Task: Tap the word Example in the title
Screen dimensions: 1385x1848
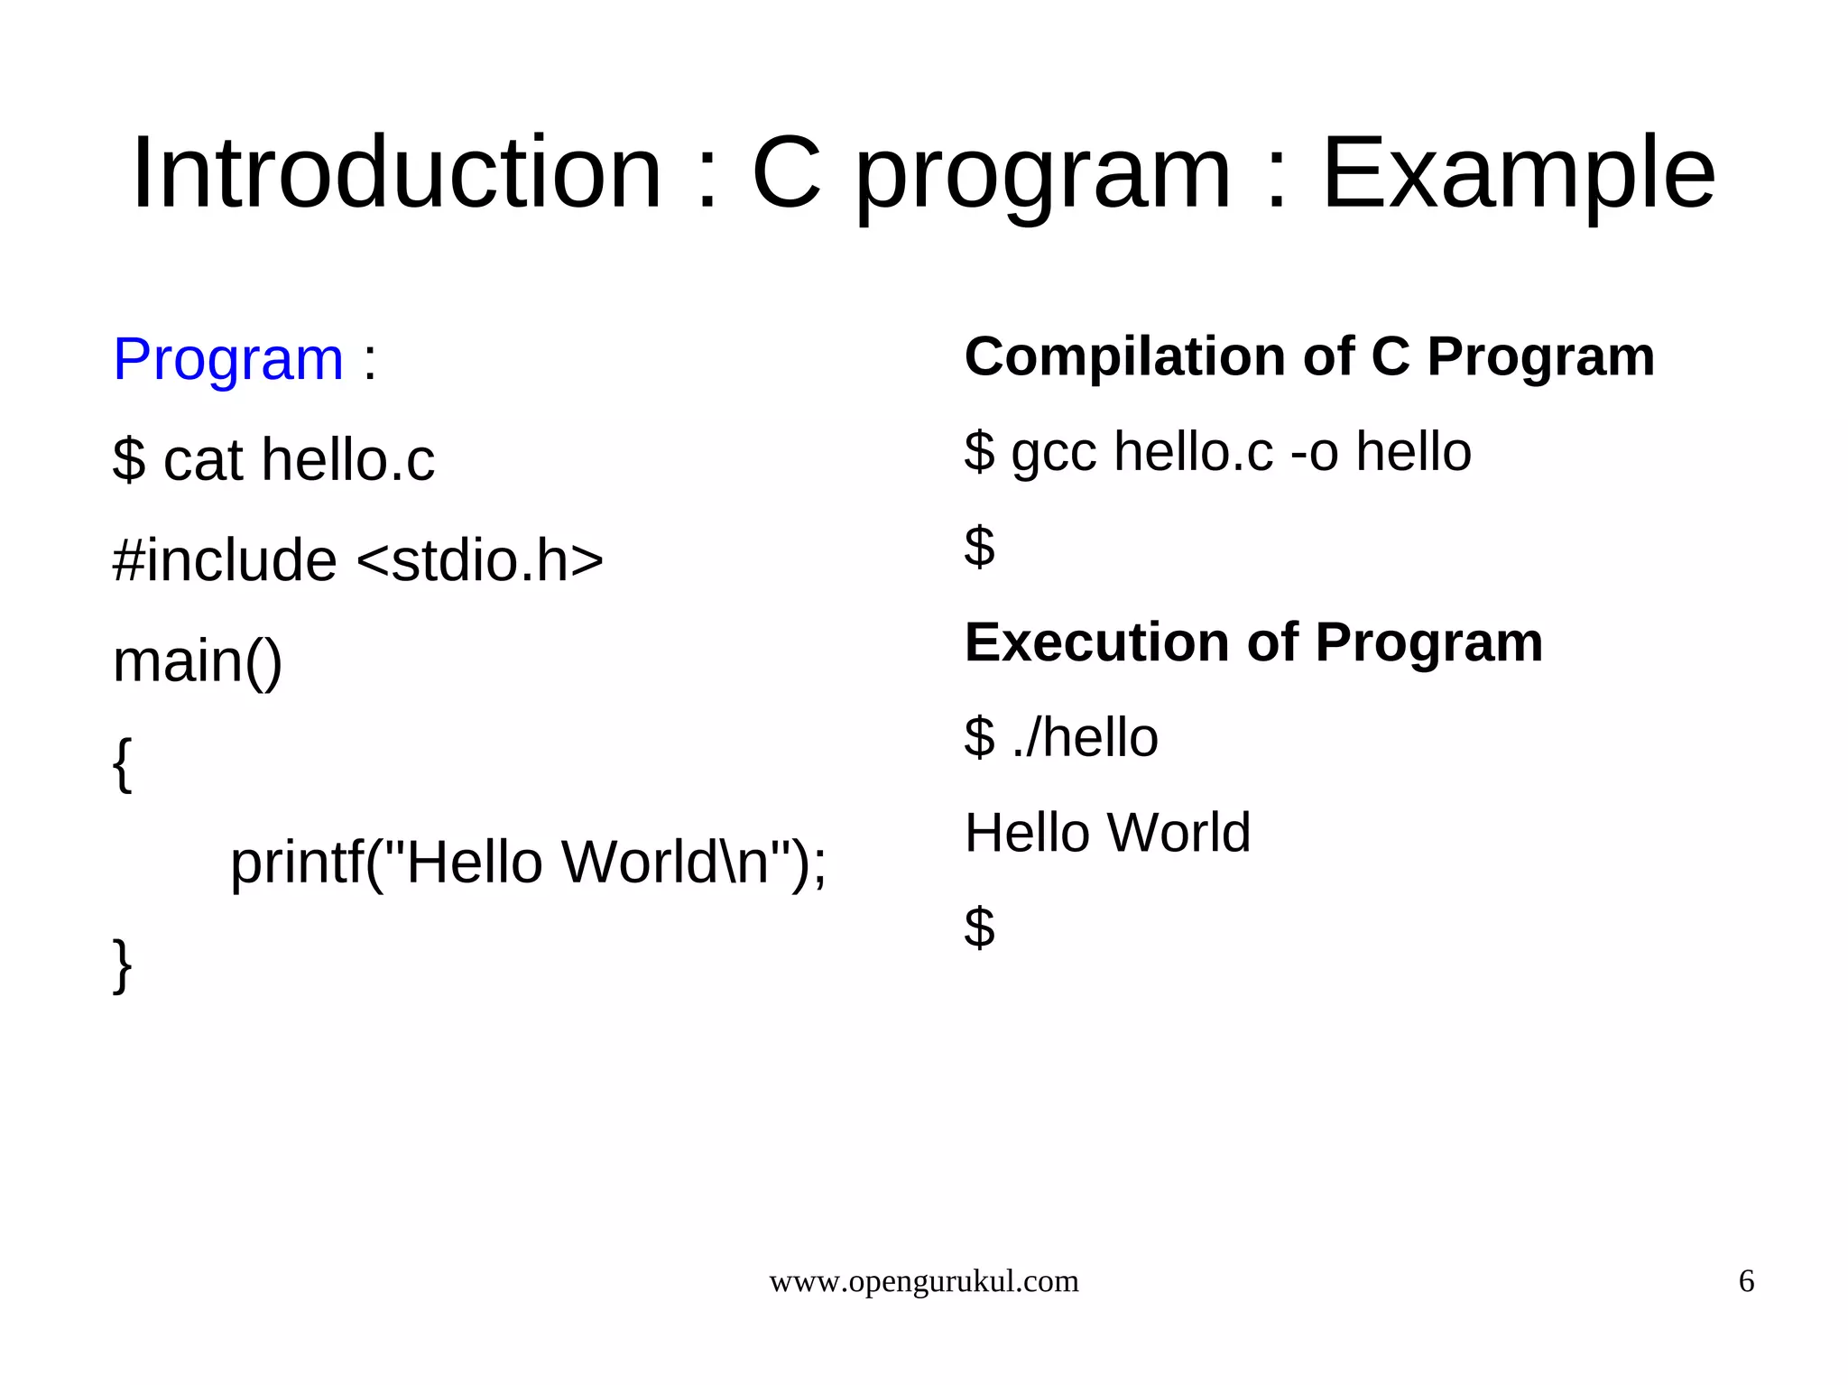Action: pos(1518,173)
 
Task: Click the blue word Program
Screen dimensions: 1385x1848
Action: pos(227,359)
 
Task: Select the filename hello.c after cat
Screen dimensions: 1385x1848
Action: pos(347,459)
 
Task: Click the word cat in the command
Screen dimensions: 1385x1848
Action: pos(203,460)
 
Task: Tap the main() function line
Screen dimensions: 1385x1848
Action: pos(198,661)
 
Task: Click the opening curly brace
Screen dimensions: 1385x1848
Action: pos(123,764)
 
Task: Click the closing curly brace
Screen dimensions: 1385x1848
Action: pos(123,965)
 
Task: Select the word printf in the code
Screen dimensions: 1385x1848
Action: pos(297,863)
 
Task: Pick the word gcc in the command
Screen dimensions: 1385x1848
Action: pos(1053,453)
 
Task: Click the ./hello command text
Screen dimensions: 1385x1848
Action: pos(1085,737)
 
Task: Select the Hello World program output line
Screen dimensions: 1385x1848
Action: pos(1107,832)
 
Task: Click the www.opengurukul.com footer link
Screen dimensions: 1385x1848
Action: pos(923,1281)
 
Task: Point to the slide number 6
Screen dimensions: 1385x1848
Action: pos(1746,1281)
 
